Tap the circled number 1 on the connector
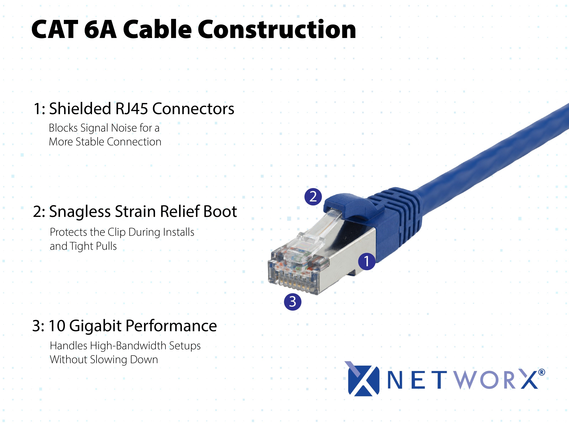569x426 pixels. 366,261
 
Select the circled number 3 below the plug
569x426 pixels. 293,302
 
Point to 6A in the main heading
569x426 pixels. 100,29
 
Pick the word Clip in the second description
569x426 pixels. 116,232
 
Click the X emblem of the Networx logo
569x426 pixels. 362,378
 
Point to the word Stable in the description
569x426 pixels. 90,142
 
